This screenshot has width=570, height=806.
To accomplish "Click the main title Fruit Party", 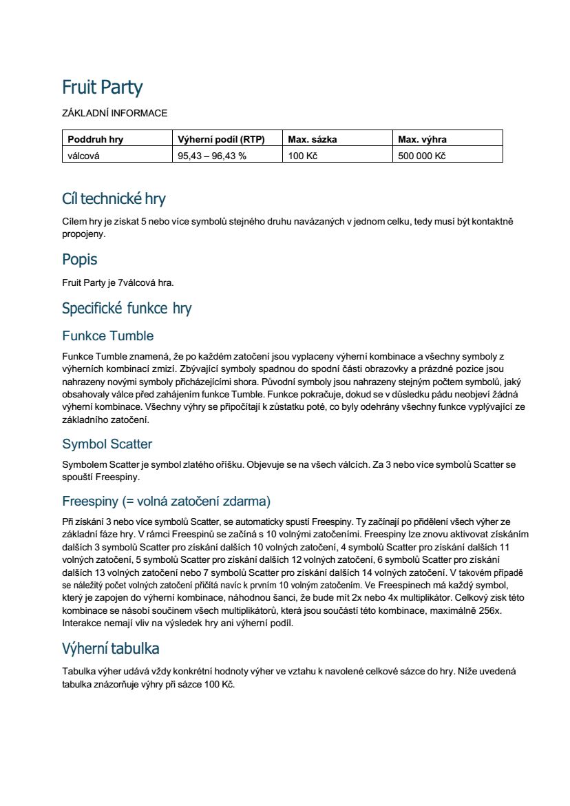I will [102, 88].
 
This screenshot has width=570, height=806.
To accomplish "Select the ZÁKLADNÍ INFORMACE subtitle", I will [114, 113].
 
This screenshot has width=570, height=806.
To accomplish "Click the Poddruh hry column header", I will [96, 139].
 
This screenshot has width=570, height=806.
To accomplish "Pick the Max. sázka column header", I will [313, 139].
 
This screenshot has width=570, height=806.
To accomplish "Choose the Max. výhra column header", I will [422, 139].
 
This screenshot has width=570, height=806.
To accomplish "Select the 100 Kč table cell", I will [302, 156].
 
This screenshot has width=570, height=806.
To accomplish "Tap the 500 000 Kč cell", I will [422, 156].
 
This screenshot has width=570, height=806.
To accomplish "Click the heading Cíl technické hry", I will [114, 199].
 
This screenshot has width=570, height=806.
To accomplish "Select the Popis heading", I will [80, 260].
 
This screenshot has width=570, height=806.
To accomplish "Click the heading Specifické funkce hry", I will [127, 308].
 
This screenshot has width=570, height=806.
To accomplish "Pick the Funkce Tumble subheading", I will [108, 336].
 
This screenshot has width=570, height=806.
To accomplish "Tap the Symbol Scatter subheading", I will [107, 444].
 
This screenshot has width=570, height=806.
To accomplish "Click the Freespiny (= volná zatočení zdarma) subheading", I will [166, 501].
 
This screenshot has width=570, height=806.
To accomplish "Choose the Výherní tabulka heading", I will [111, 648].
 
